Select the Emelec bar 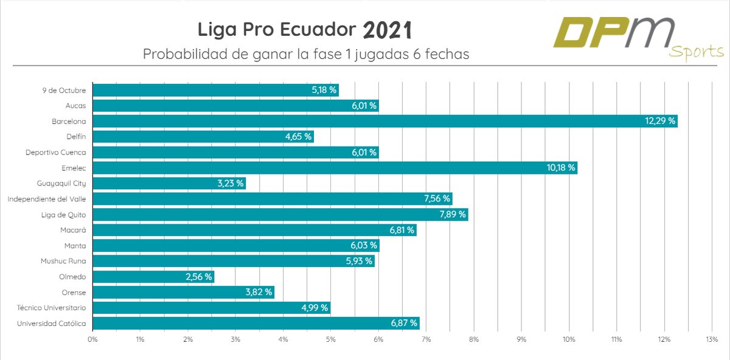[335, 168]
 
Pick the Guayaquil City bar [169, 183]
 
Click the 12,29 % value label [660, 121]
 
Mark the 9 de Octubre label [64, 90]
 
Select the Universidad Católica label [51, 324]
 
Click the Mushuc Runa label [63, 261]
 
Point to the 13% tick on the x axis [711, 339]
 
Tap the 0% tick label [92, 339]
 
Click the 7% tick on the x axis [426, 339]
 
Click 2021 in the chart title [388, 30]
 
